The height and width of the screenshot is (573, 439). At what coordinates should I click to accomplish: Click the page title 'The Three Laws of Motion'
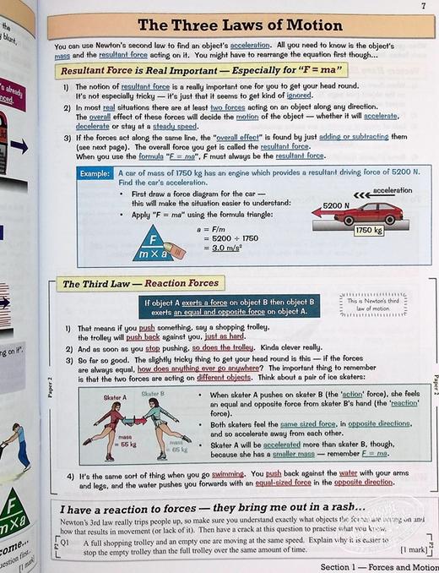click(x=240, y=25)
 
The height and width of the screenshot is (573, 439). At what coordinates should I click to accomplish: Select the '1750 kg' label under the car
click(x=369, y=230)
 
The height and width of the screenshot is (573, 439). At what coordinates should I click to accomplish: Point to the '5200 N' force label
click(x=335, y=205)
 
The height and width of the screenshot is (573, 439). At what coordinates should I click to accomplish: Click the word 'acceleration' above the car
click(x=392, y=191)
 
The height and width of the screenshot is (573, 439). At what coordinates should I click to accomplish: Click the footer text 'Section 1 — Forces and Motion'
click(x=374, y=565)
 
